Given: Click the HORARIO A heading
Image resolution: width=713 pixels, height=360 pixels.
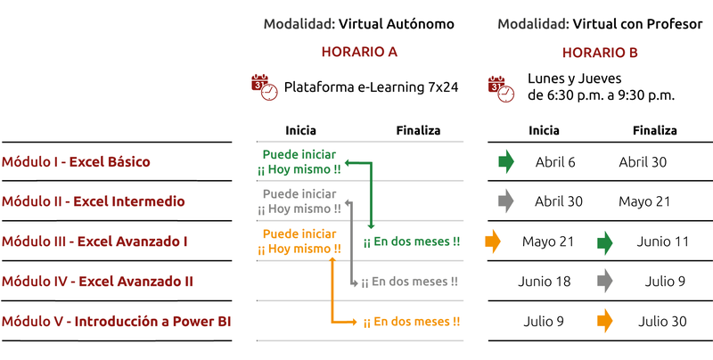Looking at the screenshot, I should click(358, 52).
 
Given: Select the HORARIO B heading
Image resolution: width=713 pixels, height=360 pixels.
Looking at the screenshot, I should click(600, 52).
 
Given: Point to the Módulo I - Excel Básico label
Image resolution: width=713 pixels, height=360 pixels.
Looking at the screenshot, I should click(76, 162).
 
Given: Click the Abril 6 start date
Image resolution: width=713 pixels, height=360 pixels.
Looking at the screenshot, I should click(555, 162).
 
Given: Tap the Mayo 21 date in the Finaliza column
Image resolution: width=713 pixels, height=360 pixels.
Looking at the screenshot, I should click(644, 201).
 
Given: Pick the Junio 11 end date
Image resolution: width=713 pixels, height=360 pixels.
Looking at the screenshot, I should click(663, 241).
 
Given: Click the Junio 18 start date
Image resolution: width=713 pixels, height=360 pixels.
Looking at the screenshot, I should click(545, 282).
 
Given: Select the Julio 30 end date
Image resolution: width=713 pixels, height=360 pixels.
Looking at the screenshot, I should click(664, 321).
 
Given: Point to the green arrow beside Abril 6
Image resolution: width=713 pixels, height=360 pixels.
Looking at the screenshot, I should click(505, 162).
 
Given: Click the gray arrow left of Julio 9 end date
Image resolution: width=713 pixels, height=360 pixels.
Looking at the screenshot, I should click(605, 282).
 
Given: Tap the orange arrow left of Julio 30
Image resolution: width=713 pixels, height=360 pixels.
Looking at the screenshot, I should click(605, 321).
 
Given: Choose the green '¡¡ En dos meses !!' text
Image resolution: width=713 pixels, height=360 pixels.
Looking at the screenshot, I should click(412, 241).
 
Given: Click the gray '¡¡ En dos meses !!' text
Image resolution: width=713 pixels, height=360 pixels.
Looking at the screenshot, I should click(410, 282).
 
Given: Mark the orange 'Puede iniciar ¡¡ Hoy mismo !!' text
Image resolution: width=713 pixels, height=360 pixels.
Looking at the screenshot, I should click(299, 241).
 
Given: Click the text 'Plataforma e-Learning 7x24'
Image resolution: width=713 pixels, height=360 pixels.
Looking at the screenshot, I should click(371, 87).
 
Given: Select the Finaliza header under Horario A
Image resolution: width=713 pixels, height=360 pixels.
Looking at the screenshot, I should click(418, 131).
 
